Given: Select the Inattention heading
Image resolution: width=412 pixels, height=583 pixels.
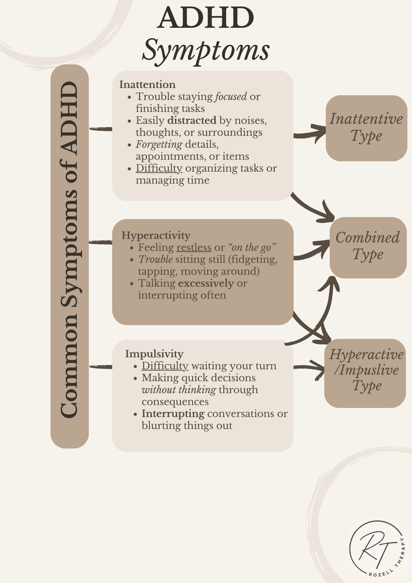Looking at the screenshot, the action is pyautogui.click(x=147, y=85).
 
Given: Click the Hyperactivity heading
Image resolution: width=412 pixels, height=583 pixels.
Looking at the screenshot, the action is pyautogui.click(x=156, y=236).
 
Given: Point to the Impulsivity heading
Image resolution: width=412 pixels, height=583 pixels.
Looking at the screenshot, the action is pyautogui.click(x=154, y=354).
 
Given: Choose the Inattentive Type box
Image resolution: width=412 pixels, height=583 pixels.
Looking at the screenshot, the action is pyautogui.click(x=366, y=128).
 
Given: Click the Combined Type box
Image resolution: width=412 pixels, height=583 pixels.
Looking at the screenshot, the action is pyautogui.click(x=368, y=247).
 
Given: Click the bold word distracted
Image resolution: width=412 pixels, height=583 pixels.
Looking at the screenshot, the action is pyautogui.click(x=192, y=120).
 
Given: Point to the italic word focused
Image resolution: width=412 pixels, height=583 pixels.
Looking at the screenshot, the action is pyautogui.click(x=231, y=97).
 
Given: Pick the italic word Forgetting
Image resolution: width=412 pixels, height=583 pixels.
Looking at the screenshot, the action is pyautogui.click(x=159, y=144).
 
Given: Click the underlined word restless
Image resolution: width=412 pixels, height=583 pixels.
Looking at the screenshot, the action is pyautogui.click(x=194, y=247).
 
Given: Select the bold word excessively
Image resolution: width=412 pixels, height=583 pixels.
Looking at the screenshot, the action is pyautogui.click(x=206, y=283).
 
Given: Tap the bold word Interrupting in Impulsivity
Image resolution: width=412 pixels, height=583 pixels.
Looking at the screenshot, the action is pyautogui.click(x=173, y=414).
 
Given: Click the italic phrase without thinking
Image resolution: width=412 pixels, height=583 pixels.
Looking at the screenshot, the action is pyautogui.click(x=179, y=390).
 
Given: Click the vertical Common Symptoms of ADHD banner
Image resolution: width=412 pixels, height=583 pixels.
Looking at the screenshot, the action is pyautogui.click(x=70, y=256).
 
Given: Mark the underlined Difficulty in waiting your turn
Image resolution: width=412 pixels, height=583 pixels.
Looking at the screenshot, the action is pyautogui.click(x=165, y=366).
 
